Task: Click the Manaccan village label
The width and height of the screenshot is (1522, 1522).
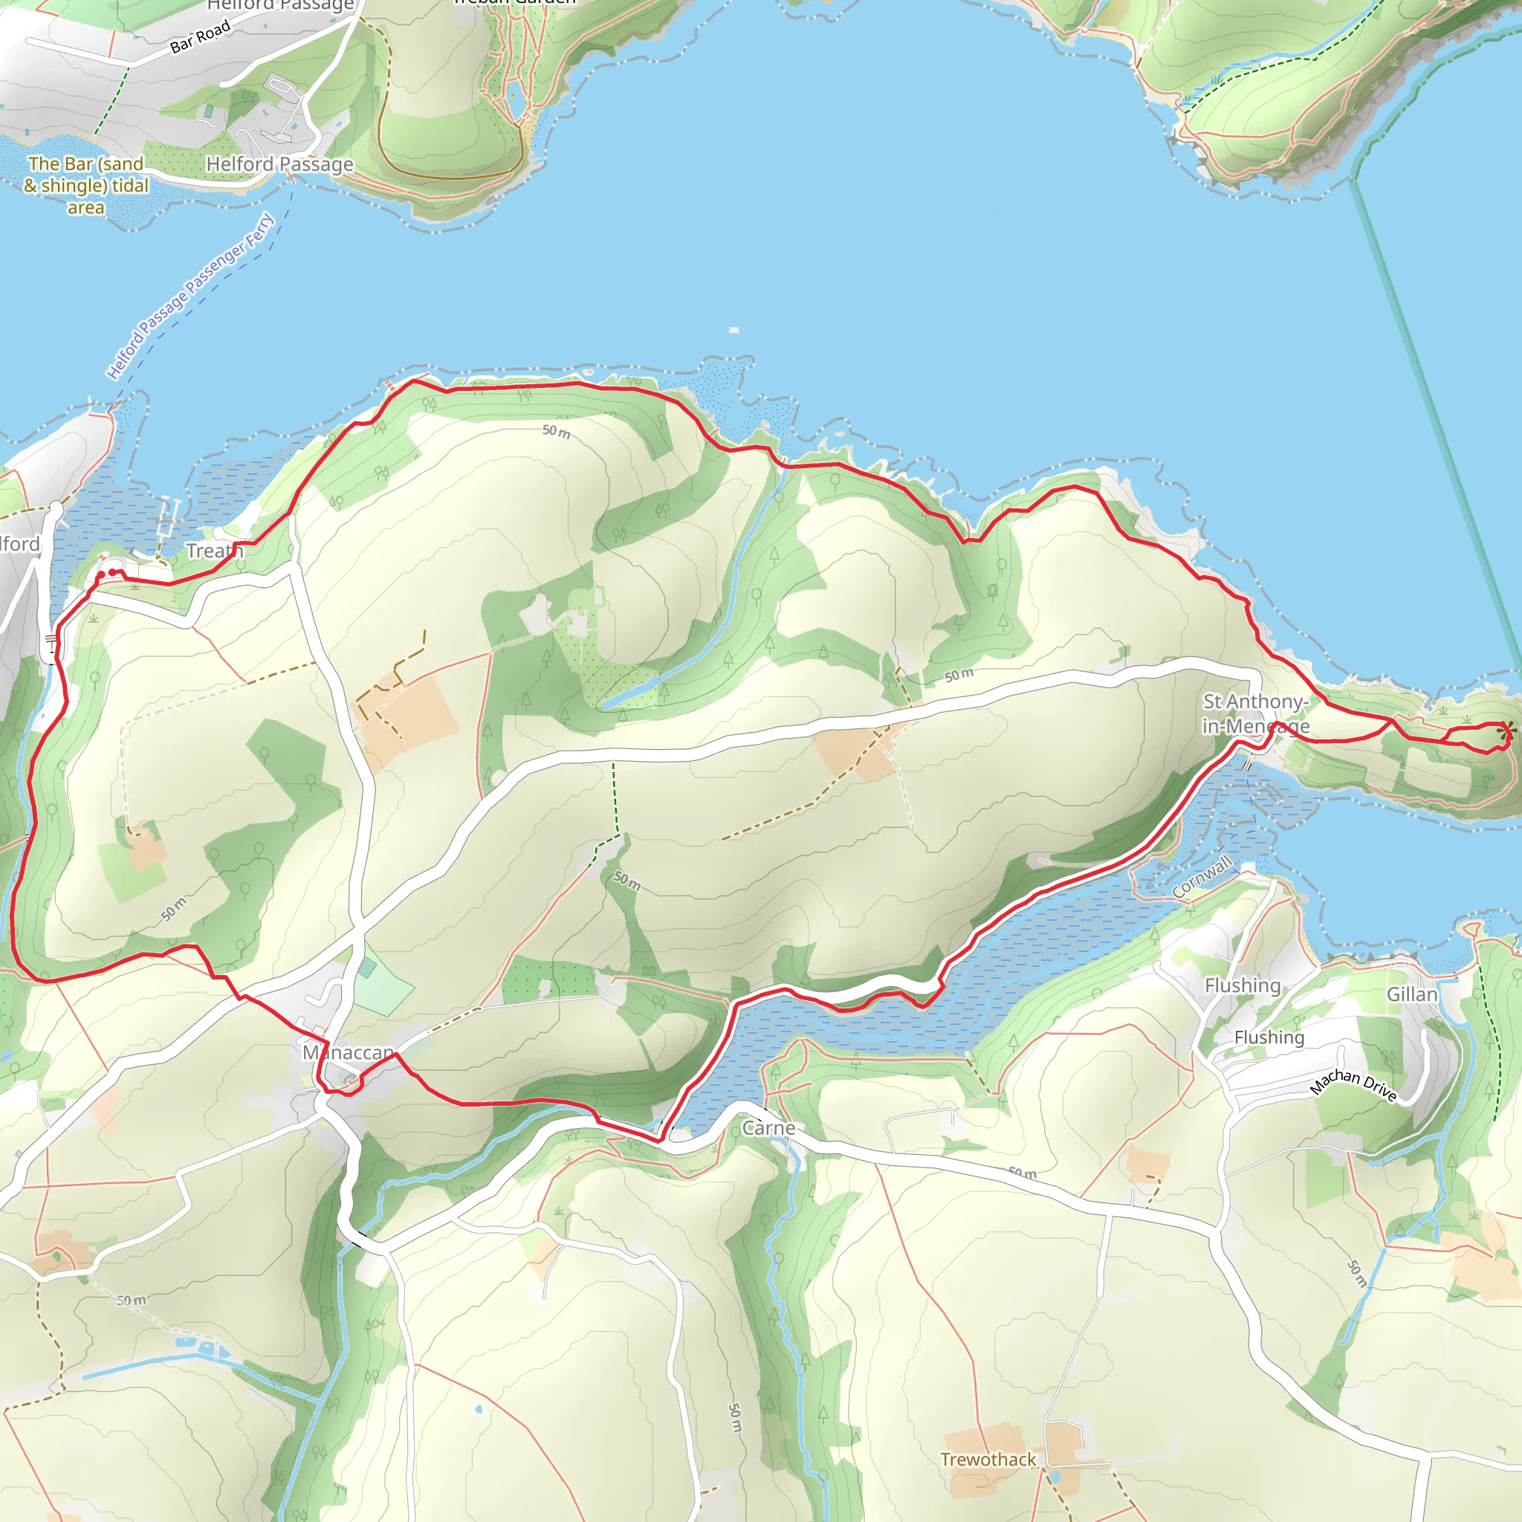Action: pos(349,1052)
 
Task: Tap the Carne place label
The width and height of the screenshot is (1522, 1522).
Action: pos(768,1128)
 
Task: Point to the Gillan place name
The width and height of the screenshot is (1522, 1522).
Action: pos(1412,994)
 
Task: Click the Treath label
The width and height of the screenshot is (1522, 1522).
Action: pos(214,551)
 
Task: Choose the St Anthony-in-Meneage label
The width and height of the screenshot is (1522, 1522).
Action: pos(1256,713)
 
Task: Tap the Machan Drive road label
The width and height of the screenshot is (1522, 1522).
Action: pos(1353,1086)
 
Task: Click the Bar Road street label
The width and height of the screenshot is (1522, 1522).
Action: pos(200,37)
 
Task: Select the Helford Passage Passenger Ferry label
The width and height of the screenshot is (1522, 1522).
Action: pos(191,296)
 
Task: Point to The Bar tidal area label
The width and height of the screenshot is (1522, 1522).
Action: pos(86,185)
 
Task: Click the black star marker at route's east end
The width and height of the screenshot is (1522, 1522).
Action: pos(1506,731)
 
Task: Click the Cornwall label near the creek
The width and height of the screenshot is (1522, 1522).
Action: pos(1202,877)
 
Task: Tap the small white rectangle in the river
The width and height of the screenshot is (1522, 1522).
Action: pos(734,330)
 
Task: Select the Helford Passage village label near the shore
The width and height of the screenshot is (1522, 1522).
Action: pos(279,163)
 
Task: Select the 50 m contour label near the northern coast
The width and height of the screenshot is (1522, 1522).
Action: pos(556,431)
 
